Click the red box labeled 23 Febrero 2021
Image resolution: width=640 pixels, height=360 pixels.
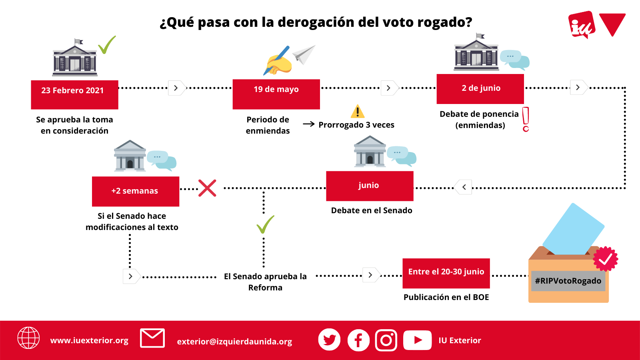click(x=74, y=94)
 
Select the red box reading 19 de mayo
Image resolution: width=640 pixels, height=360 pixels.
click(x=276, y=94)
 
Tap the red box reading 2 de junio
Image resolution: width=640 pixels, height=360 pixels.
click(x=480, y=89)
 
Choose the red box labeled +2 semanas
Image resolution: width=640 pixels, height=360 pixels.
click(x=136, y=192)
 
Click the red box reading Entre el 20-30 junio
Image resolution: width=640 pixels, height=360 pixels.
click(x=446, y=274)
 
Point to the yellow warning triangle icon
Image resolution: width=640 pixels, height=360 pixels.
click(x=358, y=111)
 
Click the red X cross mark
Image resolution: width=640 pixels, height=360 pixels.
click(x=208, y=188)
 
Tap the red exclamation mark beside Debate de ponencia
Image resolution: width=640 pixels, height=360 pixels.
click(x=526, y=120)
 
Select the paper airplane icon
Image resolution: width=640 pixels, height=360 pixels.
click(x=304, y=54)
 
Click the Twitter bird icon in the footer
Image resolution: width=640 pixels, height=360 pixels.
click(x=329, y=340)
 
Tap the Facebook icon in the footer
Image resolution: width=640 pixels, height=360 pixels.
click(x=358, y=340)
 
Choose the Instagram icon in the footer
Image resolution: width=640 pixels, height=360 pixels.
click(x=386, y=340)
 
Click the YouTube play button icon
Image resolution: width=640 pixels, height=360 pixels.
click(x=417, y=340)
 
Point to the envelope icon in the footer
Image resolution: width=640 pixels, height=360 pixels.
click(x=152, y=338)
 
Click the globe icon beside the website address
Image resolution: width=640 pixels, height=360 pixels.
click(x=28, y=338)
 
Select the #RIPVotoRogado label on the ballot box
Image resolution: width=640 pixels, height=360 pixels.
click(x=568, y=281)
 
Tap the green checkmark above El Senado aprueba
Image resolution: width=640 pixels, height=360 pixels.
click(x=266, y=224)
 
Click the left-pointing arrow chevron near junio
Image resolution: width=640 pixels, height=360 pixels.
click(x=463, y=187)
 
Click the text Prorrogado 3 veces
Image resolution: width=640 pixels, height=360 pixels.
click(x=356, y=125)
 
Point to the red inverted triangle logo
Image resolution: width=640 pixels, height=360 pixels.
click(x=612, y=25)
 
